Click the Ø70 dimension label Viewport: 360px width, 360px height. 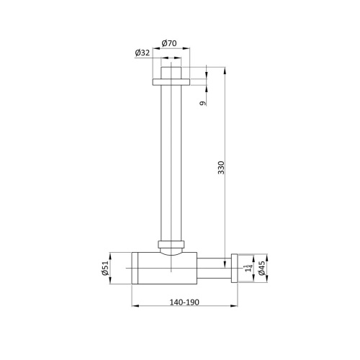170,43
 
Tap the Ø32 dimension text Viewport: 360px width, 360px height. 142,52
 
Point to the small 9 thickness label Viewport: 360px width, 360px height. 204,103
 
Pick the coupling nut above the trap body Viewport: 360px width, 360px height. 171,243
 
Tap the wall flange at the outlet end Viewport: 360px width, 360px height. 234,268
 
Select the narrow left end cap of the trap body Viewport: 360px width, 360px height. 134,268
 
